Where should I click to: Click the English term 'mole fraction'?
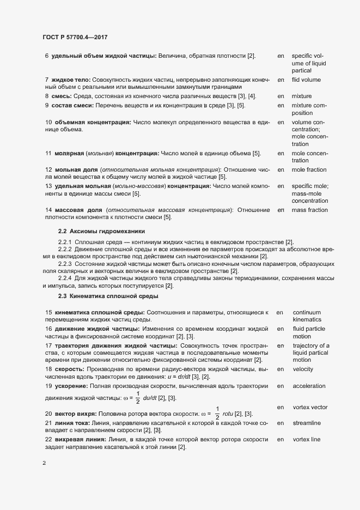pyautogui.click(x=309, y=170)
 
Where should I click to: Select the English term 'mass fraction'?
pyautogui.click(x=309, y=210)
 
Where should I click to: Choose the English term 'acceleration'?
pyautogui.click(x=309, y=386)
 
